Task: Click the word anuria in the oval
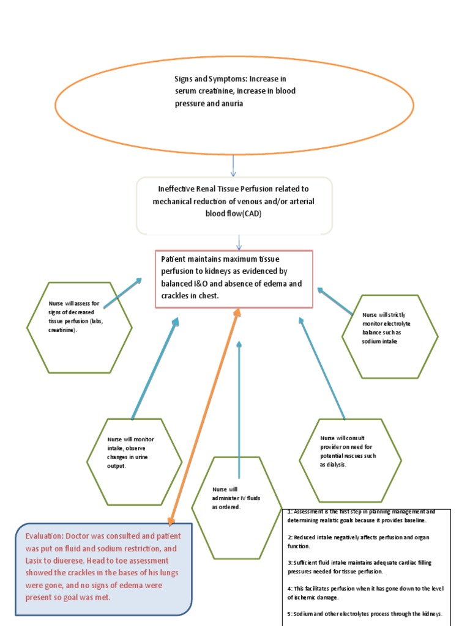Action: (230, 104)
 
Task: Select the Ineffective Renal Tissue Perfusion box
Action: (234, 205)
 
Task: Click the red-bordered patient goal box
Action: (234, 279)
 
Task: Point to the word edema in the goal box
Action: (272, 284)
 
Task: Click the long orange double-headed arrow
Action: (204, 416)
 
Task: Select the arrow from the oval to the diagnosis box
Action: (234, 165)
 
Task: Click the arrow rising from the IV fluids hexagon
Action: (239, 410)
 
